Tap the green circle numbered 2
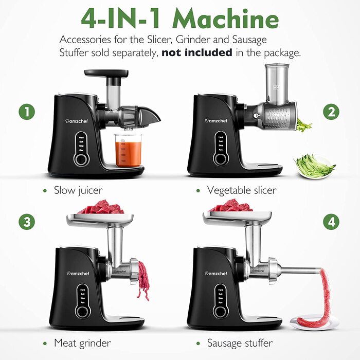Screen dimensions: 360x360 pyautogui.click(x=331, y=112)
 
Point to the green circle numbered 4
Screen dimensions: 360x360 pyautogui.click(x=331, y=222)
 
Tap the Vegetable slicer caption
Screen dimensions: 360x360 pyautogui.click(x=241, y=190)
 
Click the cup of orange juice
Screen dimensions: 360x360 pyautogui.click(x=128, y=151)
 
